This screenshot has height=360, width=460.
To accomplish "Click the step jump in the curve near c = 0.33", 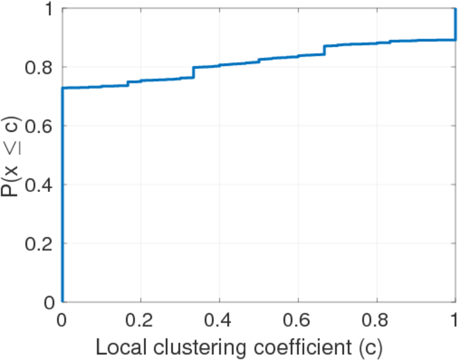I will pyautogui.click(x=193, y=72).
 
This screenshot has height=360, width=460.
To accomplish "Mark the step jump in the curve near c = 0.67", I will pyautogui.click(x=325, y=50).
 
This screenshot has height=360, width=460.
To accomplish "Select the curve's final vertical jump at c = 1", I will pyautogui.click(x=455, y=24).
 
